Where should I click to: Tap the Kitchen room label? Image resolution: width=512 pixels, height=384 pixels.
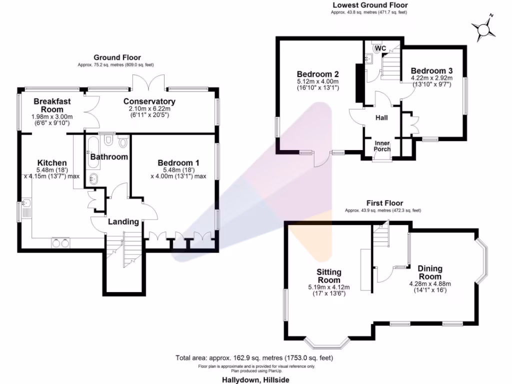pos(52,163)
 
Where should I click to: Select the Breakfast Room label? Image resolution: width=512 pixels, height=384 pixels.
pos(52,105)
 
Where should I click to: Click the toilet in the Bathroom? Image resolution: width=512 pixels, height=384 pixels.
pos(122,143)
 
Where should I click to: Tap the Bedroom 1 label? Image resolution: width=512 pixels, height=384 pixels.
pos(178,163)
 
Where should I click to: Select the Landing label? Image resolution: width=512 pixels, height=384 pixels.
pos(123,221)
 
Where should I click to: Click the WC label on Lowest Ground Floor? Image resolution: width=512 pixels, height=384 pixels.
pos(380,48)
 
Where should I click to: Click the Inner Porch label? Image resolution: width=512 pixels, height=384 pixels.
pos(382,146)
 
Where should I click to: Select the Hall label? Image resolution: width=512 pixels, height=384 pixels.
pos(382,117)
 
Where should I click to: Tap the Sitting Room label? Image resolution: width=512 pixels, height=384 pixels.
pos(329,276)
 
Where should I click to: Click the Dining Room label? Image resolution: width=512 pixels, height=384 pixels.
pos(430,272)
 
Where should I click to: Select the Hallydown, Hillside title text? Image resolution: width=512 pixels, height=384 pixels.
pos(255,379)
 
